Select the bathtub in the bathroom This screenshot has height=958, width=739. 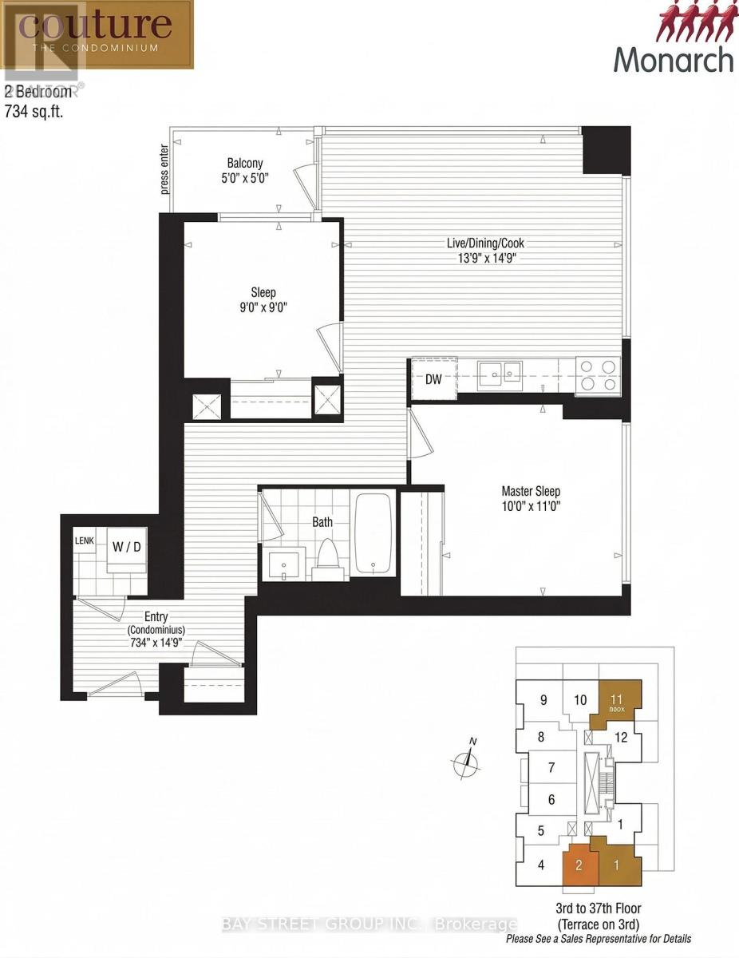point(373,533)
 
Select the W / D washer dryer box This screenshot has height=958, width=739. point(127,548)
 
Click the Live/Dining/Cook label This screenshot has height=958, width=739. point(485,243)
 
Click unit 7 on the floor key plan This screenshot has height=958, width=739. point(551,768)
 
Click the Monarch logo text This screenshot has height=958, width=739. point(673,59)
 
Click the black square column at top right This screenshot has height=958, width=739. point(606,150)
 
